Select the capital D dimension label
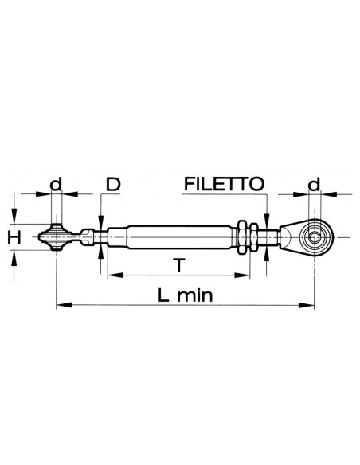coord(112,186)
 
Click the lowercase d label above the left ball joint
coord(55,185)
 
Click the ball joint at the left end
coord(57,236)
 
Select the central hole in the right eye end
coord(315,236)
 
